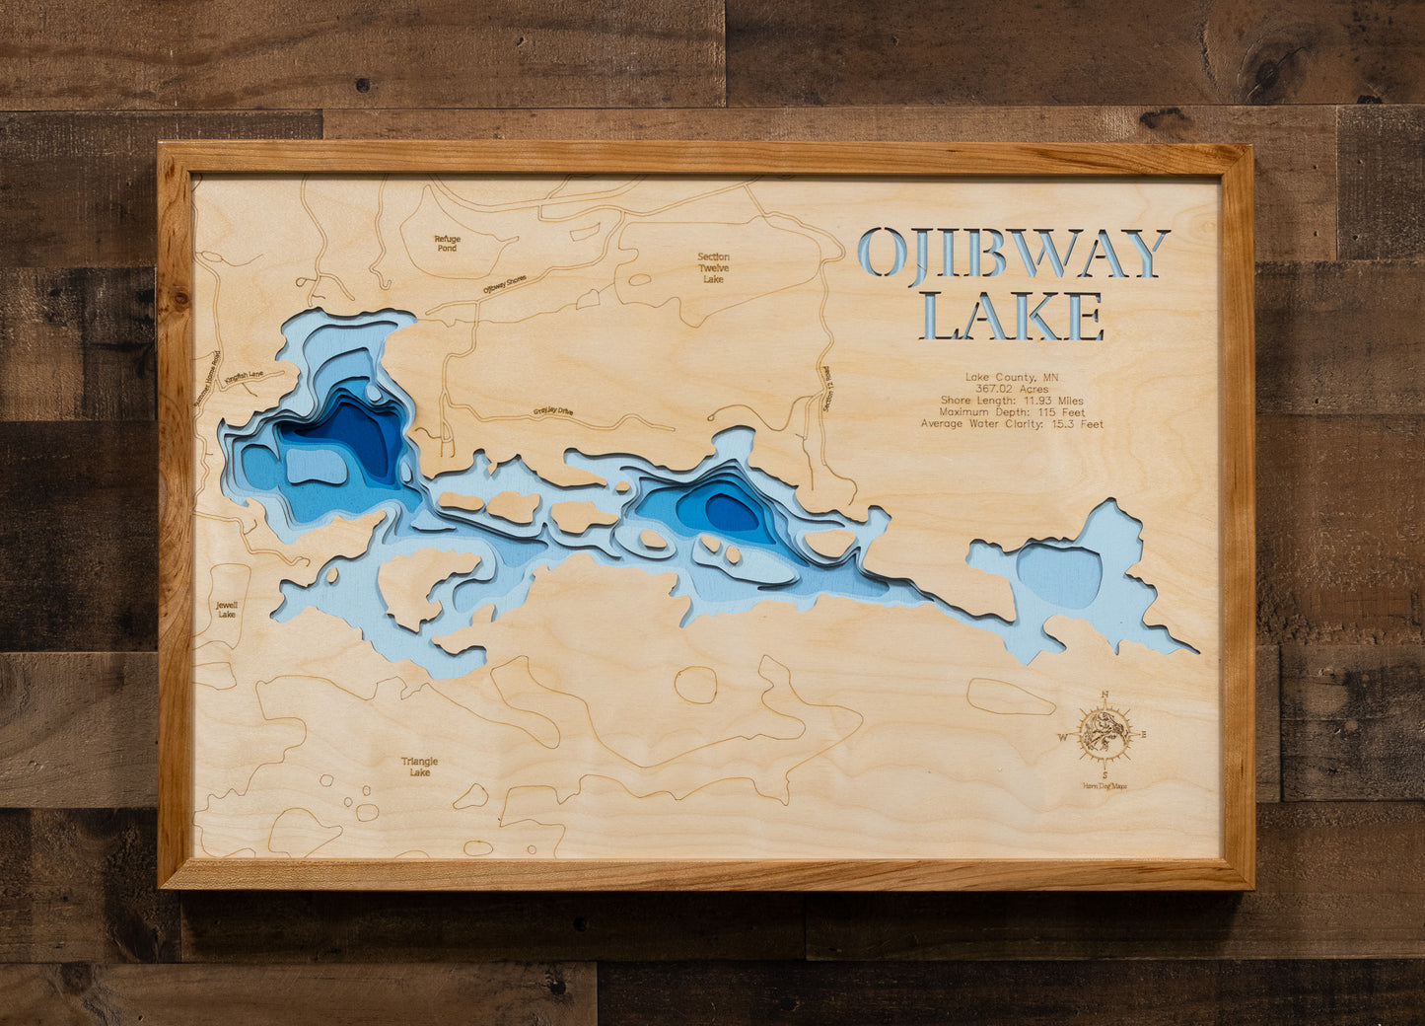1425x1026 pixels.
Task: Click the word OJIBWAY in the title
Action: point(1013,254)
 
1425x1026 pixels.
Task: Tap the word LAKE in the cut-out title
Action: point(1013,316)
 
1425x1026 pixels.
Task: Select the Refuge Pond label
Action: point(447,244)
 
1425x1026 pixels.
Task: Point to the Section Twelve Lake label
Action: point(713,268)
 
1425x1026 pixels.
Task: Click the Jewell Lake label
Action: point(227,610)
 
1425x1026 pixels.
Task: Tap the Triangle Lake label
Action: point(419,767)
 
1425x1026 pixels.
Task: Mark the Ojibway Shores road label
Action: point(504,284)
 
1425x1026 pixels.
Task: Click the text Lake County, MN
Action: point(1012,377)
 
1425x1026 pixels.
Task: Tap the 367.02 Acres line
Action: point(1012,389)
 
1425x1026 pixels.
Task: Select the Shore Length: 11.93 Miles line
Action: point(1012,401)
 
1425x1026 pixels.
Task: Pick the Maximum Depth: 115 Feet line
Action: point(1012,412)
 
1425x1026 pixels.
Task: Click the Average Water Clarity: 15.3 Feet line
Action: point(1012,424)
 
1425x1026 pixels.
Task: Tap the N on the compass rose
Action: point(1104,694)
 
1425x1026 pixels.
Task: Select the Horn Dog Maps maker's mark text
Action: point(1104,786)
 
